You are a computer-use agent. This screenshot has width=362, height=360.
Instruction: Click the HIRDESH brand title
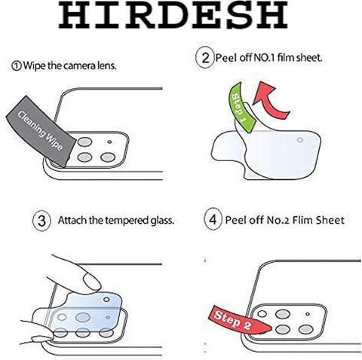point(173,15)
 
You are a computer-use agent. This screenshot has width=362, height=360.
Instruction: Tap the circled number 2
point(205,58)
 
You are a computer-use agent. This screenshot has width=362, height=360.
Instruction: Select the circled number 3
point(41,221)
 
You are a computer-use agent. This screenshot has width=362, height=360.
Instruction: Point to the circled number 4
point(213,219)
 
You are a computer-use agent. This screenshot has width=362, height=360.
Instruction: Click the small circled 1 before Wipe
point(17,66)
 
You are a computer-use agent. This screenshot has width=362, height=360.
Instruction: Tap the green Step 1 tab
point(241,108)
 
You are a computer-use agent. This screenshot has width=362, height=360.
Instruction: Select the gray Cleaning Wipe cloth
point(41,131)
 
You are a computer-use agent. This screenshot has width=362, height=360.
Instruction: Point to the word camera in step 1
point(77,66)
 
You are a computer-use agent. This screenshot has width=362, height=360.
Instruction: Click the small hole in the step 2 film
point(299,140)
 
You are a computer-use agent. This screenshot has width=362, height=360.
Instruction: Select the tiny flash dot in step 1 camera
point(109,142)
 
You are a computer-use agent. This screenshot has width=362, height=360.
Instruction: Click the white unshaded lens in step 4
point(262,314)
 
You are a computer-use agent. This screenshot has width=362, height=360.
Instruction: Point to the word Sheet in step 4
point(330,220)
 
